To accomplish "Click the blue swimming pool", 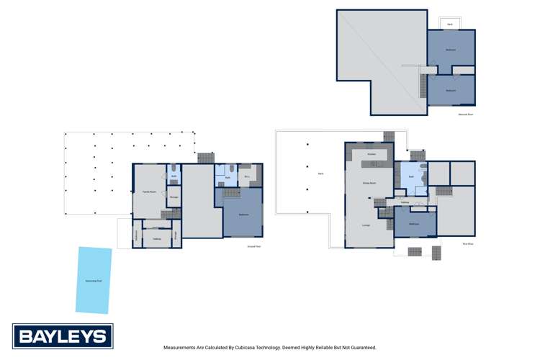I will (x=94, y=280).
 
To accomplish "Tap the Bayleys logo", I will (x=63, y=336).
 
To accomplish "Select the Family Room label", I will (x=150, y=192).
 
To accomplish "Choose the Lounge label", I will (x=366, y=225).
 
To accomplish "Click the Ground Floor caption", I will (x=253, y=246).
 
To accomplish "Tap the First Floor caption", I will (x=467, y=244).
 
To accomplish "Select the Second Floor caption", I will (x=465, y=114).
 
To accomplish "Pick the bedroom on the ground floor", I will (x=243, y=215).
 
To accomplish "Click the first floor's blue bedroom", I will (x=415, y=224).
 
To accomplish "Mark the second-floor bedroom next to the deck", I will (x=451, y=49).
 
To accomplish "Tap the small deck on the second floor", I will (x=450, y=24).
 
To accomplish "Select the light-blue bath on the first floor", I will (x=411, y=176).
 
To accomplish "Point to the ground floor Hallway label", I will (x=157, y=238).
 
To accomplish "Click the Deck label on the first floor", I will (x=320, y=174).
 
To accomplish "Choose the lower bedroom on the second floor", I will (x=451, y=91).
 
